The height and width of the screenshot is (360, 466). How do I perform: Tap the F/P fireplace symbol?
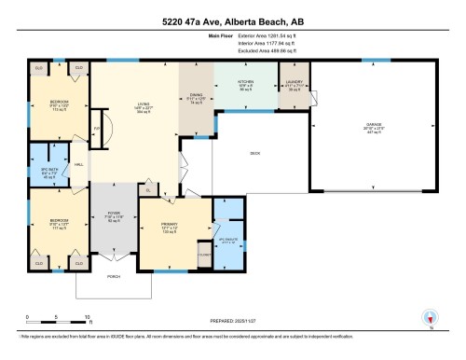(96, 129)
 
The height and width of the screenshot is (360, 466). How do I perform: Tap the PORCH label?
(114, 277)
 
